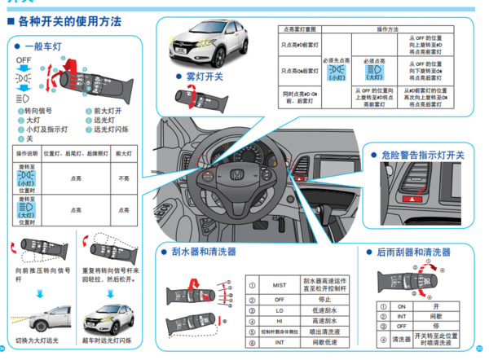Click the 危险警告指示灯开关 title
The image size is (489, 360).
click(x=424, y=155)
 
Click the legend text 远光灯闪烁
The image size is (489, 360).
click(x=113, y=129)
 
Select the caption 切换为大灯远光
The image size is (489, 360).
click(x=37, y=340)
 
